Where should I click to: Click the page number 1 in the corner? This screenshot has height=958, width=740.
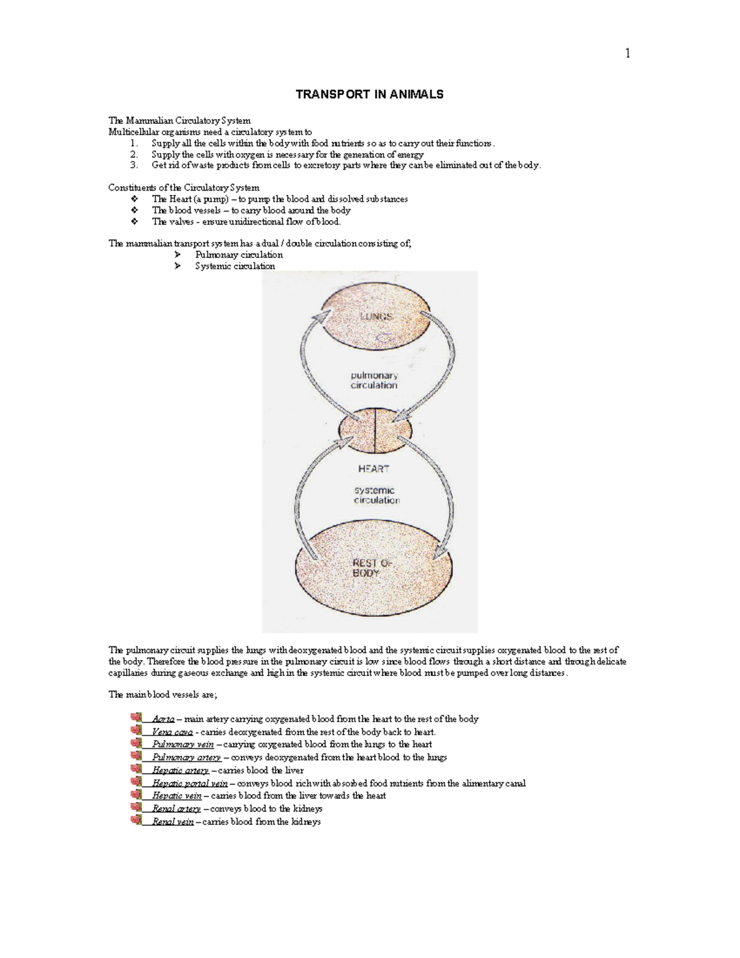(628, 54)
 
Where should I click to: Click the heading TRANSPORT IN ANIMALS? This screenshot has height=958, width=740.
(369, 94)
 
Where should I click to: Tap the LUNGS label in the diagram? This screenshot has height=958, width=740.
(376, 316)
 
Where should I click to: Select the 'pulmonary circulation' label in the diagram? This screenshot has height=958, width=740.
(374, 380)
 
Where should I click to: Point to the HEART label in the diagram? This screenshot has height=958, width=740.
(374, 469)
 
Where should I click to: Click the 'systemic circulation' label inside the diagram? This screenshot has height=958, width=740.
(376, 495)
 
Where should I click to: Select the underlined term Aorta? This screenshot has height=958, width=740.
(163, 719)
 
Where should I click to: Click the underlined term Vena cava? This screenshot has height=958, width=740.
(172, 732)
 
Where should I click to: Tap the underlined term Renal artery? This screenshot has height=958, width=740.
(176, 809)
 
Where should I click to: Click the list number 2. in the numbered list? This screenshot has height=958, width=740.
(134, 154)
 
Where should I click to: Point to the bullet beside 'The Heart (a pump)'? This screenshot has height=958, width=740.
(135, 199)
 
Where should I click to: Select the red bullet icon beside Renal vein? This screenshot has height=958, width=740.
(136, 820)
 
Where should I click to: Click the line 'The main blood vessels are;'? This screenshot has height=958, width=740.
(163, 695)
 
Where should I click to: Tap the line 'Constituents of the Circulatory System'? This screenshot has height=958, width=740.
(184, 188)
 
